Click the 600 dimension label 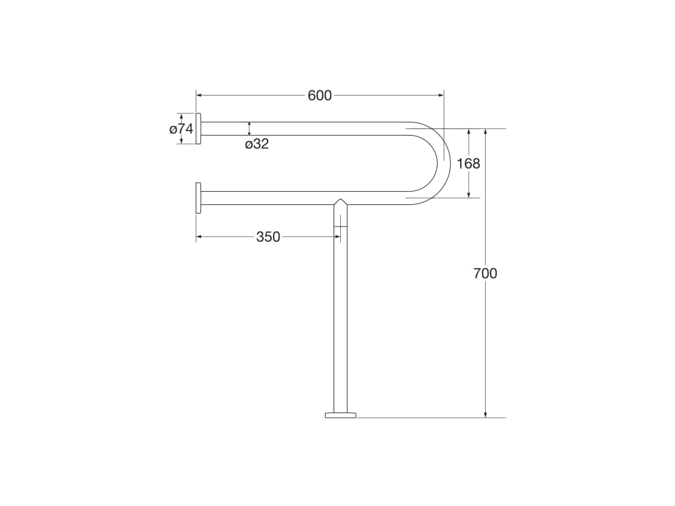coord(320,96)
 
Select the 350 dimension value coord(268,237)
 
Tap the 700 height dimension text coord(485,273)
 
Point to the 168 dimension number coord(469,163)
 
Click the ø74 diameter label coord(181,128)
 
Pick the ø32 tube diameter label coord(257,144)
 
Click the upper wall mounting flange coord(198,128)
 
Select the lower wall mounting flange coord(198,198)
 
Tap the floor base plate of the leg coord(341,415)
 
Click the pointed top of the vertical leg coord(341,199)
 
